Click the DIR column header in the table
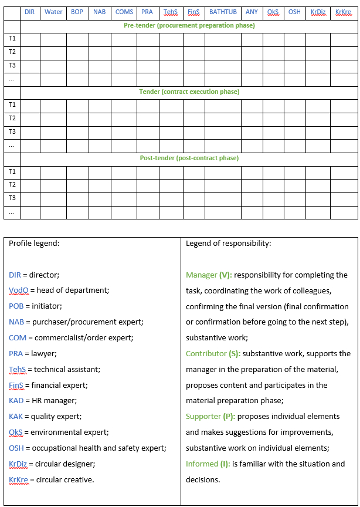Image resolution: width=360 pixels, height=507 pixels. tap(30, 12)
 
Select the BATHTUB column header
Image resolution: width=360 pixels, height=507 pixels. tap(223, 12)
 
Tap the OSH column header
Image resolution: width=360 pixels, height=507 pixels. tap(294, 12)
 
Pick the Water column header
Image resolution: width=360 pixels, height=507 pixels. tap(53, 12)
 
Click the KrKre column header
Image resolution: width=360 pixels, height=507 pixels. tap(343, 12)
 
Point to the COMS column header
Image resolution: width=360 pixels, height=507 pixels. tap(124, 12)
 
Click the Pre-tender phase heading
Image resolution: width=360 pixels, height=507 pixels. tap(189, 25)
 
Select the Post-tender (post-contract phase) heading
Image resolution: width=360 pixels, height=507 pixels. tap(189, 158)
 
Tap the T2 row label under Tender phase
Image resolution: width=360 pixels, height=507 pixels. tap(12, 118)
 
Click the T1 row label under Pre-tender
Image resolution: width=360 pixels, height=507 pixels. tap(12, 38)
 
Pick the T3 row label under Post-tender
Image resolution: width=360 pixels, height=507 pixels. tap(12, 198)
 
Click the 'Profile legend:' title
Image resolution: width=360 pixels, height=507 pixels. tap(34, 243)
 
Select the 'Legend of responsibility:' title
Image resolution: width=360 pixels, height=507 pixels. tap(228, 243)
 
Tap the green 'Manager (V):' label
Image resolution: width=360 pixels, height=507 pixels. tap(209, 275)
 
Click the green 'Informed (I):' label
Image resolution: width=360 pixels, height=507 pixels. tap(208, 464)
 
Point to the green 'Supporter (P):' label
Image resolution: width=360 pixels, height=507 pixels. tap(210, 416)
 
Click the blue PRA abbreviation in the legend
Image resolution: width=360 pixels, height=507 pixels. tap(16, 353)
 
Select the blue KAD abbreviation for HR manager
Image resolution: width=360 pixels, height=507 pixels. tap(16, 400)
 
